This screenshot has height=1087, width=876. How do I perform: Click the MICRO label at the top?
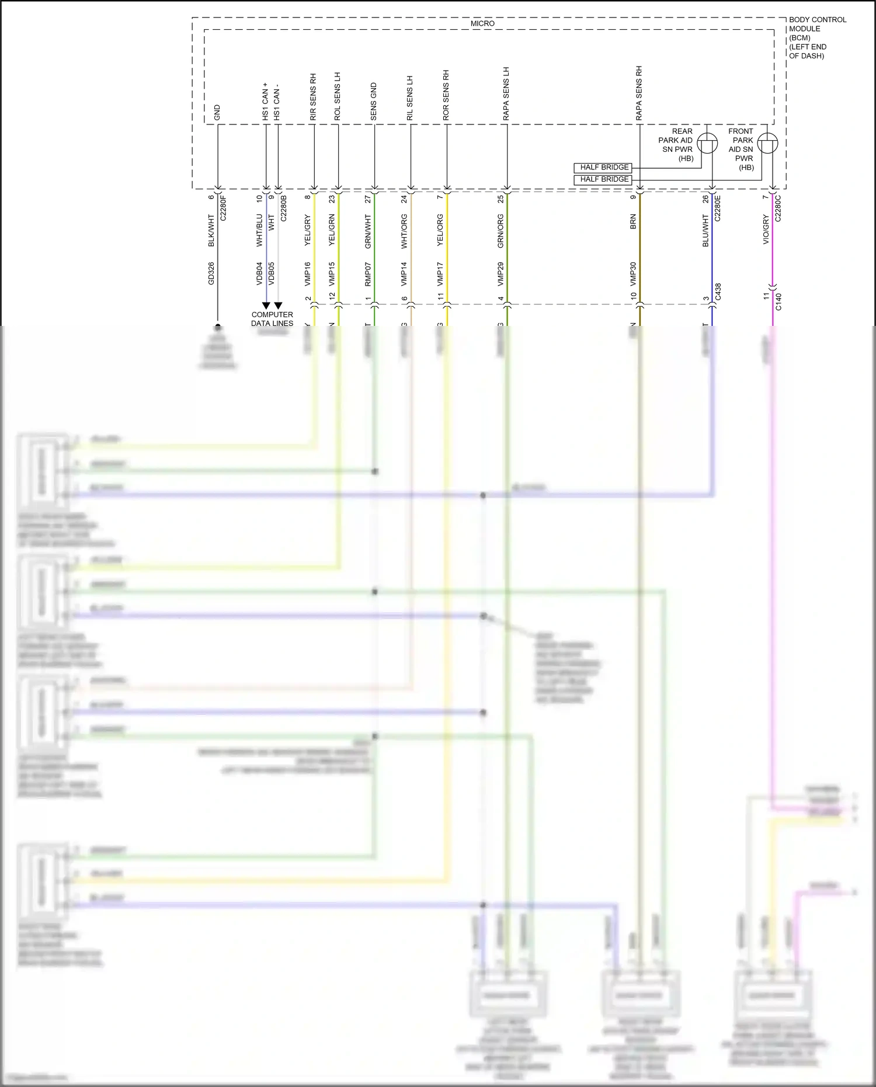point(482,23)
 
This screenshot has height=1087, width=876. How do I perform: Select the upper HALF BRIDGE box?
point(604,168)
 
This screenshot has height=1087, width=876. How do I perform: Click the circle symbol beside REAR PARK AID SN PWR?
point(708,143)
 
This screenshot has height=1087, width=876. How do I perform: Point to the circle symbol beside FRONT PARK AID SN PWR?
point(767,143)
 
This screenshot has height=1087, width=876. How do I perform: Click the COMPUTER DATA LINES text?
point(272,319)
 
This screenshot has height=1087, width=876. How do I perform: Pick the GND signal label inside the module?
point(217,113)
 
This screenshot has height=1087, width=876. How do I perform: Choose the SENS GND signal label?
point(374,102)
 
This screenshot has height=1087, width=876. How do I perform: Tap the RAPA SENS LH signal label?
point(506,94)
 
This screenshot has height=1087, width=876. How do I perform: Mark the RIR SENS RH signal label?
point(313,98)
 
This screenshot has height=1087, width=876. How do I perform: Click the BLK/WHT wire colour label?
point(211,230)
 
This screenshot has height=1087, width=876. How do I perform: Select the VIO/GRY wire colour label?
point(766,230)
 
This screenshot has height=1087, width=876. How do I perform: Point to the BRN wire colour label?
point(634,222)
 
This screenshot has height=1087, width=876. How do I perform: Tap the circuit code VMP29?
point(500,274)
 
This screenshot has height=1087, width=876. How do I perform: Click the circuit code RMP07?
point(369,274)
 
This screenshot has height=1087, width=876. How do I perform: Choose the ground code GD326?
point(211,273)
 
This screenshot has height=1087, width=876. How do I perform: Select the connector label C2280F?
point(223,208)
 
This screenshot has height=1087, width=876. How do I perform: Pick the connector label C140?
point(778,301)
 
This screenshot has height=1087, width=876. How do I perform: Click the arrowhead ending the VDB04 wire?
point(266,305)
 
